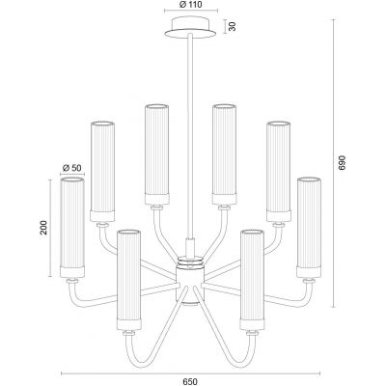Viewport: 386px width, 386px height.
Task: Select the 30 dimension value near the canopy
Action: [x=231, y=27]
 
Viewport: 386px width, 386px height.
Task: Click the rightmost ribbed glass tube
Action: [x=308, y=226]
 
